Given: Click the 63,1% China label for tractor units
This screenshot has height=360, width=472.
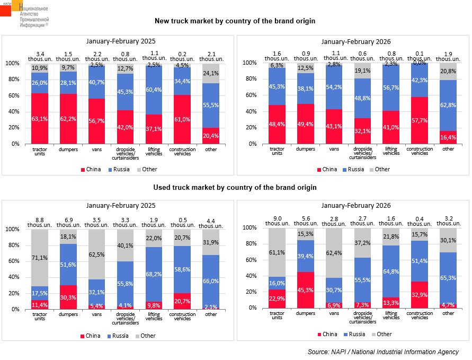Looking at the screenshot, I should click(x=39, y=119).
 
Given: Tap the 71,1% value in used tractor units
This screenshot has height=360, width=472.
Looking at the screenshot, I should click(x=39, y=258).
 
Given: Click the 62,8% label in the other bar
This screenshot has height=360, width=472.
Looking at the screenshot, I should click(x=448, y=105).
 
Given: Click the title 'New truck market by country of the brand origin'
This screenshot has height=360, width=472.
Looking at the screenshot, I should click(x=235, y=21).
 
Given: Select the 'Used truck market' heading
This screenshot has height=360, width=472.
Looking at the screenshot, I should click(x=235, y=187).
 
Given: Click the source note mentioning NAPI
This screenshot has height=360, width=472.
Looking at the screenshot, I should click(x=383, y=352).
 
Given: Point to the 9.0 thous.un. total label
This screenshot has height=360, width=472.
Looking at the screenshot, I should click(x=277, y=221).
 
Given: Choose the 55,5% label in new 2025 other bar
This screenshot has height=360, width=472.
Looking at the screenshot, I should click(x=211, y=106).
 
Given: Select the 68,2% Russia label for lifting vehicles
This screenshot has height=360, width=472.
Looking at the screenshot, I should click(x=154, y=274).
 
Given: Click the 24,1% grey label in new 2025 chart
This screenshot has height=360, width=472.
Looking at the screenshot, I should click(x=211, y=73).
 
